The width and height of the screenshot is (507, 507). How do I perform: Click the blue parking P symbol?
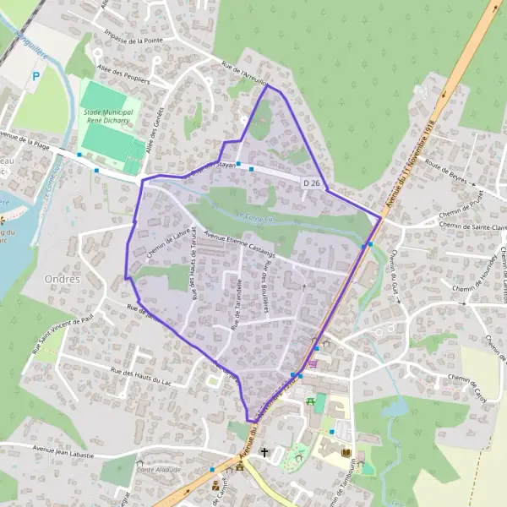(x=35, y=77)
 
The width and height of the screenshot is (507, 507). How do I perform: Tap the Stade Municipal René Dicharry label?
(x=112, y=116)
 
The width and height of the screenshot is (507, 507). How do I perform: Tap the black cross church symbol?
(x=264, y=453)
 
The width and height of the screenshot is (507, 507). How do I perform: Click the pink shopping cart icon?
(x=313, y=363)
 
